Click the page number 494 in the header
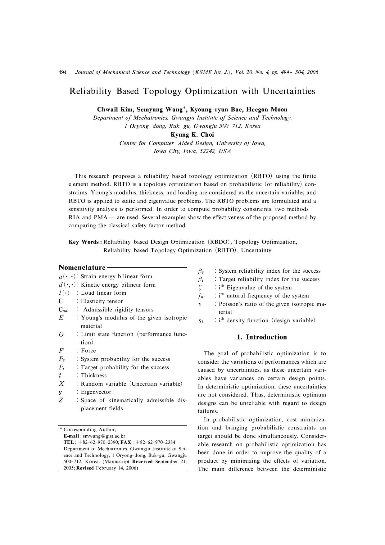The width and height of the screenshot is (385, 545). (63, 72)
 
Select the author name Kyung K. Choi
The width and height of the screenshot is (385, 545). (192, 135)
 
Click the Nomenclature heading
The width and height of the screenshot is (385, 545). (82, 268)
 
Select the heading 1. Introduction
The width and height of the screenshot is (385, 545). (262, 337)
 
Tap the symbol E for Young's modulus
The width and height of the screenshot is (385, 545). (61, 318)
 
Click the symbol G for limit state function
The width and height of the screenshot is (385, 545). (61, 334)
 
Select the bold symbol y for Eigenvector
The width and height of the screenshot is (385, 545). (60, 393)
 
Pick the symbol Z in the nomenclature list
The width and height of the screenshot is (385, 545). (61, 401)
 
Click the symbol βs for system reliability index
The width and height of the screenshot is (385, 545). (201, 271)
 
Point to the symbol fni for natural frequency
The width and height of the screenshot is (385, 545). (201, 296)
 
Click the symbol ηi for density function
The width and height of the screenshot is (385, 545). (201, 321)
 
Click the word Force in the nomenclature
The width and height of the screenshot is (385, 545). (88, 351)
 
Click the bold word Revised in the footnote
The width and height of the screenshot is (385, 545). (85, 468)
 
